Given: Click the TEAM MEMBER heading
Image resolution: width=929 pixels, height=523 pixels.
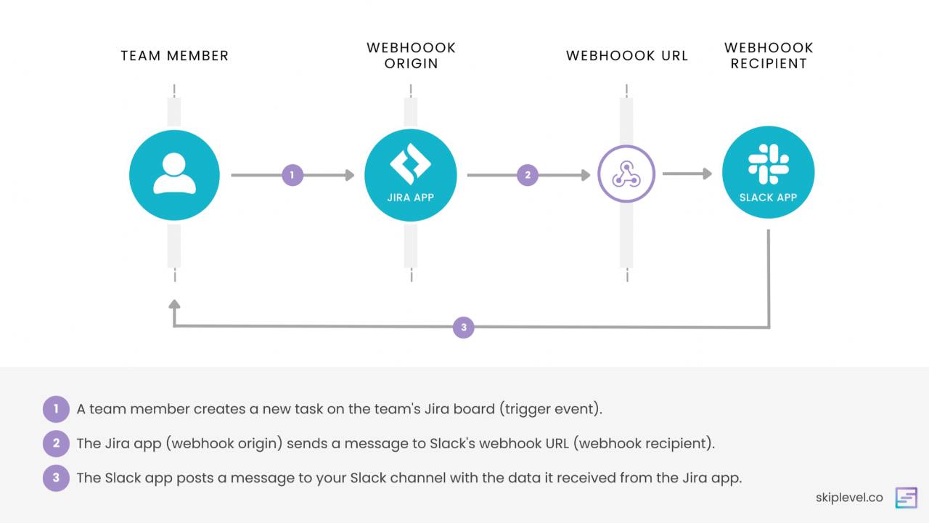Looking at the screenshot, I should (174, 56).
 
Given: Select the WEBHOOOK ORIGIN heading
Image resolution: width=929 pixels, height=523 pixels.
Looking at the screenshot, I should (411, 56).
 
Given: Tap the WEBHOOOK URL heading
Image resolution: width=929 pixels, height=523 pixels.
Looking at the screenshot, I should (627, 56).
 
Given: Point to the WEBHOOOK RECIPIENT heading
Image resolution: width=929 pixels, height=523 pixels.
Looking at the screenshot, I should (769, 56).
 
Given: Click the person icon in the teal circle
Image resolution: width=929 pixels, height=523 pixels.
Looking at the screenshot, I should (174, 175).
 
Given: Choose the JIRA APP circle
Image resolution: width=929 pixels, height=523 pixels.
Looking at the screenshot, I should (411, 175).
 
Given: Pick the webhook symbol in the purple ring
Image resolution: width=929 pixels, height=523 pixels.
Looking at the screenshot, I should (626, 174).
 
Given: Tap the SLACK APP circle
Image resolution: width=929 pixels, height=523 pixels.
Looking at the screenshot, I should (769, 173).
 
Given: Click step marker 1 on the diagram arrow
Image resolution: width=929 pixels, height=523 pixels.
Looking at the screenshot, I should (292, 175).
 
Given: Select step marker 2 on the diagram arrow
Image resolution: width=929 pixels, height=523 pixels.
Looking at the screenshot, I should (528, 175).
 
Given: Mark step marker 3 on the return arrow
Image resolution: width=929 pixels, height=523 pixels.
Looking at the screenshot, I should (464, 328).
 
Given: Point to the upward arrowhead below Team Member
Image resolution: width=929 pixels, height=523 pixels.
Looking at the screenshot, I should (173, 304).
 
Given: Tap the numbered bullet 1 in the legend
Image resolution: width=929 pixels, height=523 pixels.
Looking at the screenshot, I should (56, 409).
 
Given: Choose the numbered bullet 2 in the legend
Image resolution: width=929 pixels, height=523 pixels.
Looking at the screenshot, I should (56, 444).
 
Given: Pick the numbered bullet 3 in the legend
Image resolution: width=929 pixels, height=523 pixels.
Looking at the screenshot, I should (56, 479).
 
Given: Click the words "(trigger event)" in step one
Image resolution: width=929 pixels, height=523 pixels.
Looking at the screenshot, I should (551, 409).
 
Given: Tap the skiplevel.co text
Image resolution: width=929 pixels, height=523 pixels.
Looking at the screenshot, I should (849, 498).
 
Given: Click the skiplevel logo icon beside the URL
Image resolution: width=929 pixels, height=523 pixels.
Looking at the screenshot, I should (906, 498).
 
